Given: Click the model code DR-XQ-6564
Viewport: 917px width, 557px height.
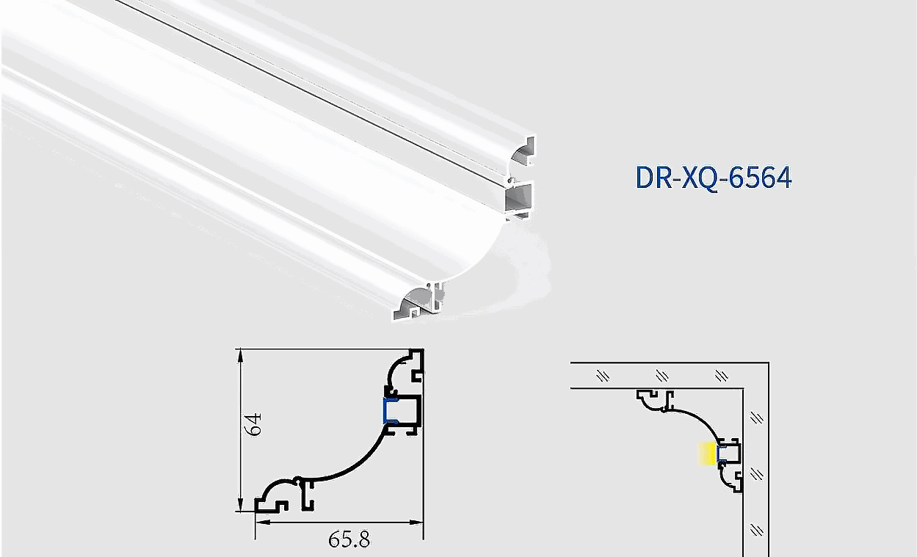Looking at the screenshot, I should point(713,178).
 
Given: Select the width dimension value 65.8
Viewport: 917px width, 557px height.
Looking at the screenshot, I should point(349,540).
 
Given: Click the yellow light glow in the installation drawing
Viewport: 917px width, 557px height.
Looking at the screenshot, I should point(707,455).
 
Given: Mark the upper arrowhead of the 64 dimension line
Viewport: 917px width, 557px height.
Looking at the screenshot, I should point(240,355).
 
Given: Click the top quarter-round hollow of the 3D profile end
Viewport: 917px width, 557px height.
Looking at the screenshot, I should point(523,153).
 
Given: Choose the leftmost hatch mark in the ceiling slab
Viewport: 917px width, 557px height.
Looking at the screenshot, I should point(603,376).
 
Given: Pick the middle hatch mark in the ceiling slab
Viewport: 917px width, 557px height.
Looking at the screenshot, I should point(662,376).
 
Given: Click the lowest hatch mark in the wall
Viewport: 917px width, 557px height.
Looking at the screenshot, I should point(757,529).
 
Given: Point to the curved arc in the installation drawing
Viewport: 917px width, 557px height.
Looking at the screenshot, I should point(697,418).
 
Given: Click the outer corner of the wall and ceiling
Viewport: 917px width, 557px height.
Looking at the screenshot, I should point(768,363).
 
